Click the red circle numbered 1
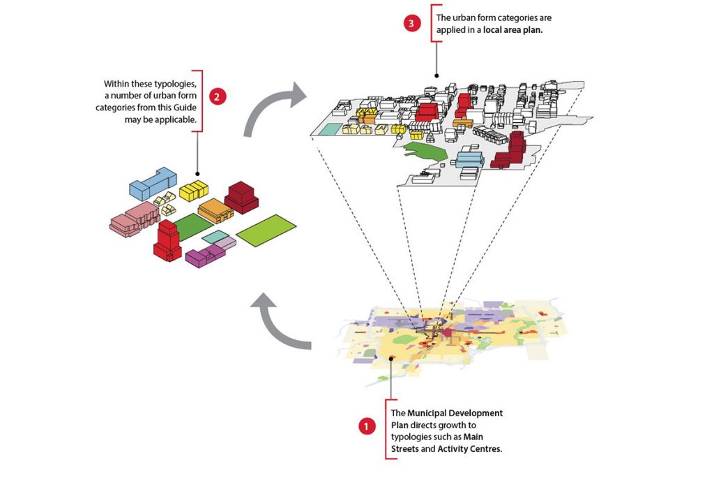(366, 427)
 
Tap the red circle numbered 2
(217, 96)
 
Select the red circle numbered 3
(411, 23)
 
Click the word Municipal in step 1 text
(427, 413)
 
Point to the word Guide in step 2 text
(185, 108)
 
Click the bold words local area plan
(512, 30)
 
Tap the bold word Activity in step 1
(453, 449)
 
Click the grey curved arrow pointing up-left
(279, 325)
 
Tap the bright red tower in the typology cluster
(167, 240)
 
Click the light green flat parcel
(266, 230)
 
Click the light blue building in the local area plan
(469, 160)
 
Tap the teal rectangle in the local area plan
(329, 129)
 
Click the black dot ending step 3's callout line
(436, 76)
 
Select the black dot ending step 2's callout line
(197, 174)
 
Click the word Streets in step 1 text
(404, 449)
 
